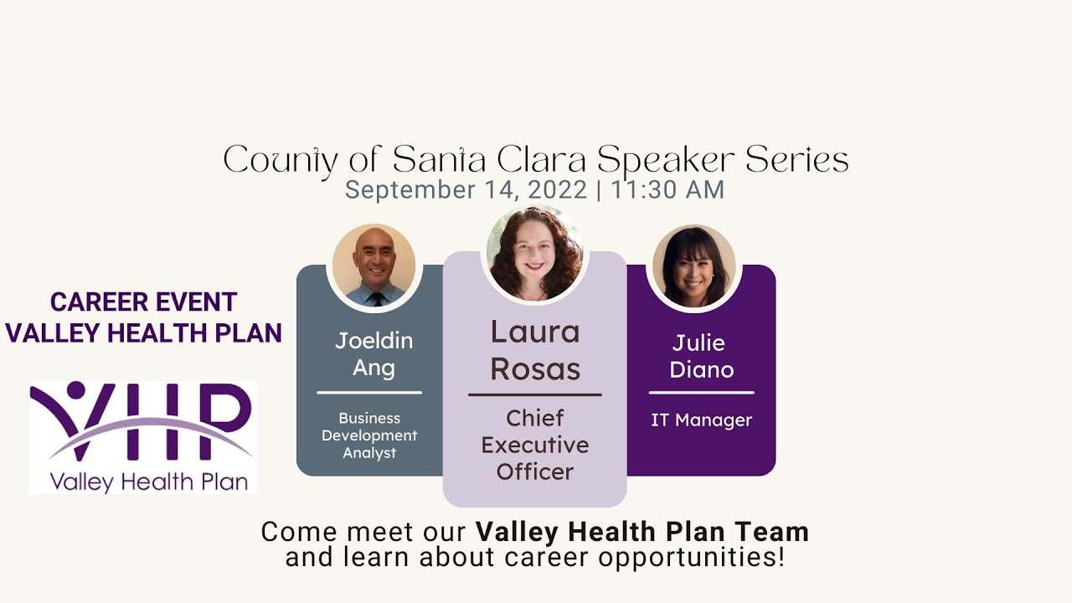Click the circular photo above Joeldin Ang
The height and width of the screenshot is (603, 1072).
(374, 265)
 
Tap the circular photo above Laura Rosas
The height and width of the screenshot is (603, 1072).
(535, 254)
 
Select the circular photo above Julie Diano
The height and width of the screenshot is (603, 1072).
(693, 266)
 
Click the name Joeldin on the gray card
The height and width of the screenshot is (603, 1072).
(374, 341)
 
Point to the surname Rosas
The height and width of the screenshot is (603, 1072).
(535, 369)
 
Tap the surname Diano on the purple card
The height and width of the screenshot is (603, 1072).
(701, 369)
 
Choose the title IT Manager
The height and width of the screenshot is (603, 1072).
(701, 420)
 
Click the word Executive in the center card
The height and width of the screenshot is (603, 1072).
(534, 445)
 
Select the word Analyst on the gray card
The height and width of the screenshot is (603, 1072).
(369, 453)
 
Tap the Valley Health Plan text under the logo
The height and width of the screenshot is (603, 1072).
(148, 482)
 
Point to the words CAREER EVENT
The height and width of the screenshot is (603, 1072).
(143, 301)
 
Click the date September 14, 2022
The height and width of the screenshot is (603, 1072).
(466, 190)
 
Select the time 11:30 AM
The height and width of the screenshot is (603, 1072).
(667, 190)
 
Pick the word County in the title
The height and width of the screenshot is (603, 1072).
(286, 160)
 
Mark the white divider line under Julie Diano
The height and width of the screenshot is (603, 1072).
(701, 392)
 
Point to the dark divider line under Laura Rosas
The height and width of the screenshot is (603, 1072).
(534, 394)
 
